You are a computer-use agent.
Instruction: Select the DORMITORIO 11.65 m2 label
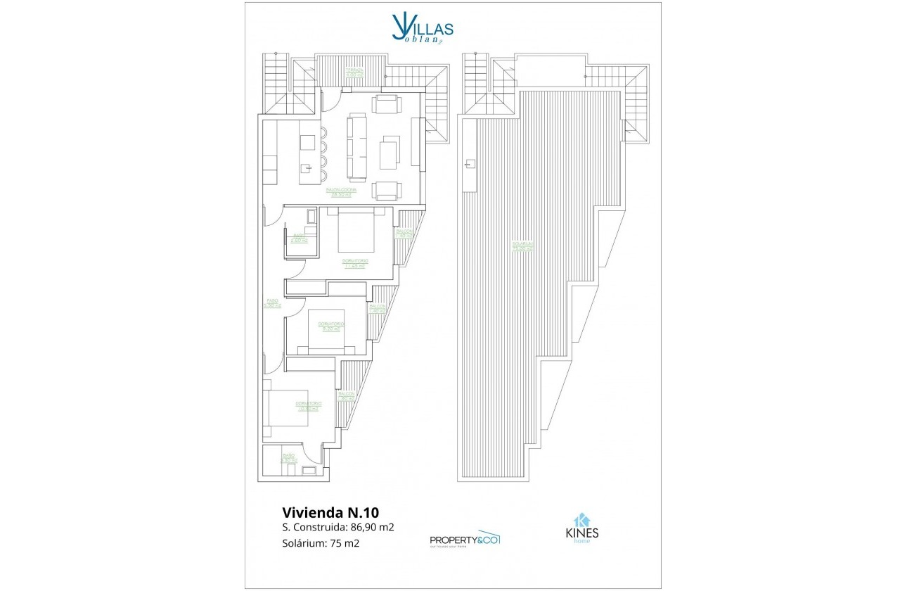356,263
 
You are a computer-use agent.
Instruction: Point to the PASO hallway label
272,303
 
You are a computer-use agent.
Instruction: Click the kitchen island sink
306,168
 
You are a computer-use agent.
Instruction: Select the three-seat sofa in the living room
357,147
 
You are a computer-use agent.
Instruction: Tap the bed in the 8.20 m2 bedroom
326,331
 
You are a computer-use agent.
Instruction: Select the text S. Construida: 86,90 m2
337,527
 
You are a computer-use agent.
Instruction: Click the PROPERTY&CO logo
464,539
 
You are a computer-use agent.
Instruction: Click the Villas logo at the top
422,30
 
